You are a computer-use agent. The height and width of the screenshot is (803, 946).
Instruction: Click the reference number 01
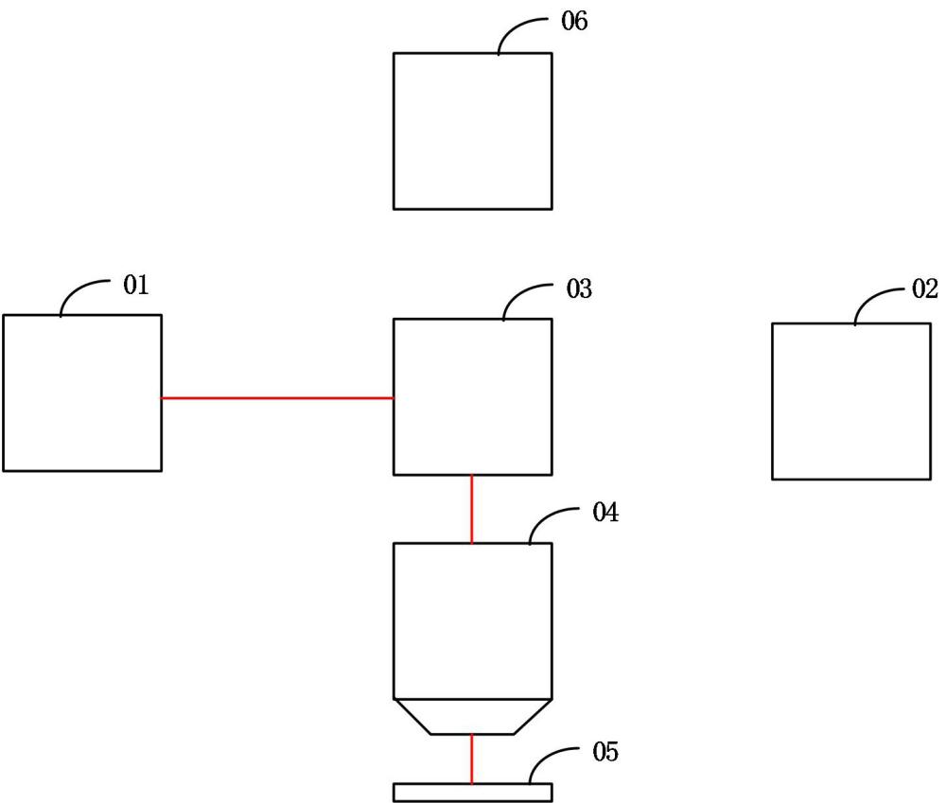pos(135,285)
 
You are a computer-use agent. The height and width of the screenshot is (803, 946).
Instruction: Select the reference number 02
pos(925,289)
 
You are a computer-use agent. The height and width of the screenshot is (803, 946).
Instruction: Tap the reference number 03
pos(579,289)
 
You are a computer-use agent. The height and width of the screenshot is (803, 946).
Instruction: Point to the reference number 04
pos(605,513)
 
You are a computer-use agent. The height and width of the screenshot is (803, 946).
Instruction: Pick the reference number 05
pos(605,752)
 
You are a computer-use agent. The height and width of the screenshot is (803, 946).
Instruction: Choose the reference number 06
pos(574,21)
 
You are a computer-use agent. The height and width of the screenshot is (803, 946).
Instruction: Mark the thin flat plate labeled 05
pos(472,793)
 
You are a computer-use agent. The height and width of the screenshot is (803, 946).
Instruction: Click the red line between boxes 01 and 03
pos(277,398)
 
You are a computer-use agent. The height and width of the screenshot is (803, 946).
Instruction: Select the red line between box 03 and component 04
pos(472,509)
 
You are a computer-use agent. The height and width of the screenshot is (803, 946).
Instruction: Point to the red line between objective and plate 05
pos(472,759)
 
